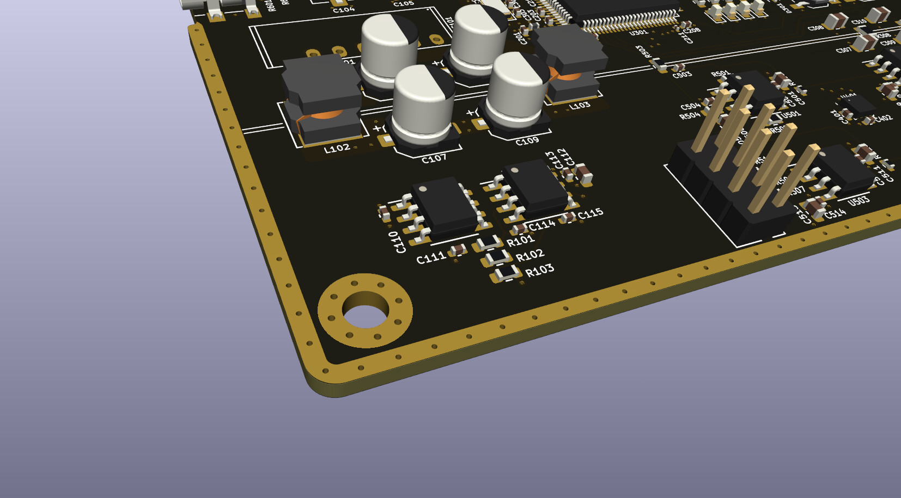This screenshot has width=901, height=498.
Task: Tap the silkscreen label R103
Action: [x=539, y=270]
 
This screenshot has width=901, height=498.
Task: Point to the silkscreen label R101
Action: [x=520, y=240]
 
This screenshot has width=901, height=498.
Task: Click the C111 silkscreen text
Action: [x=431, y=257]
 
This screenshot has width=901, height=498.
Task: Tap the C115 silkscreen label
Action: [x=590, y=213]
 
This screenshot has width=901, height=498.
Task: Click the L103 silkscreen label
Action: [x=579, y=106]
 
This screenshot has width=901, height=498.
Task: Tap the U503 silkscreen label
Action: [x=859, y=201]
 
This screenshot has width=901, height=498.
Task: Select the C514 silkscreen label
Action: [x=835, y=213]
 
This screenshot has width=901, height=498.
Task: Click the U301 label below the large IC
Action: [x=638, y=33]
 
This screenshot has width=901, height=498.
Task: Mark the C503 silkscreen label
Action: [x=682, y=75]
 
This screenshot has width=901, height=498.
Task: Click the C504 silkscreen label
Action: [x=690, y=106]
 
